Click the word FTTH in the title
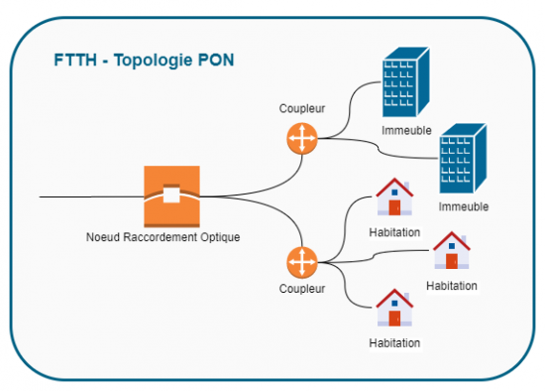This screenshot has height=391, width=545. [73, 61]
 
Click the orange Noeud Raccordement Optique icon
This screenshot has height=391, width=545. [171, 195]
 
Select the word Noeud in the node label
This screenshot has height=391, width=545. [102, 237]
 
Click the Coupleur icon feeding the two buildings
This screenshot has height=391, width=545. [300, 139]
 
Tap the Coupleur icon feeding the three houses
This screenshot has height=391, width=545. [300, 263]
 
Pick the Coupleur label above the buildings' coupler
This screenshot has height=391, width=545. [300, 110]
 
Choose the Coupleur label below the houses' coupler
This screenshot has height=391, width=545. [300, 290]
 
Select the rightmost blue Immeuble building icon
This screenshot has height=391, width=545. [464, 159]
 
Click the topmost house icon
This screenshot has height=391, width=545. [394, 197]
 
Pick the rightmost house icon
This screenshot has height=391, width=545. [452, 250]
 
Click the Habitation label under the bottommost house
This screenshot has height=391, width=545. [394, 342]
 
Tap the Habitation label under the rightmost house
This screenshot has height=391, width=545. [452, 285]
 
